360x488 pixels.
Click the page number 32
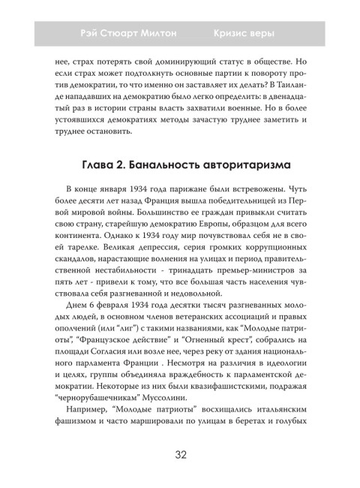[x=180, y=453]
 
